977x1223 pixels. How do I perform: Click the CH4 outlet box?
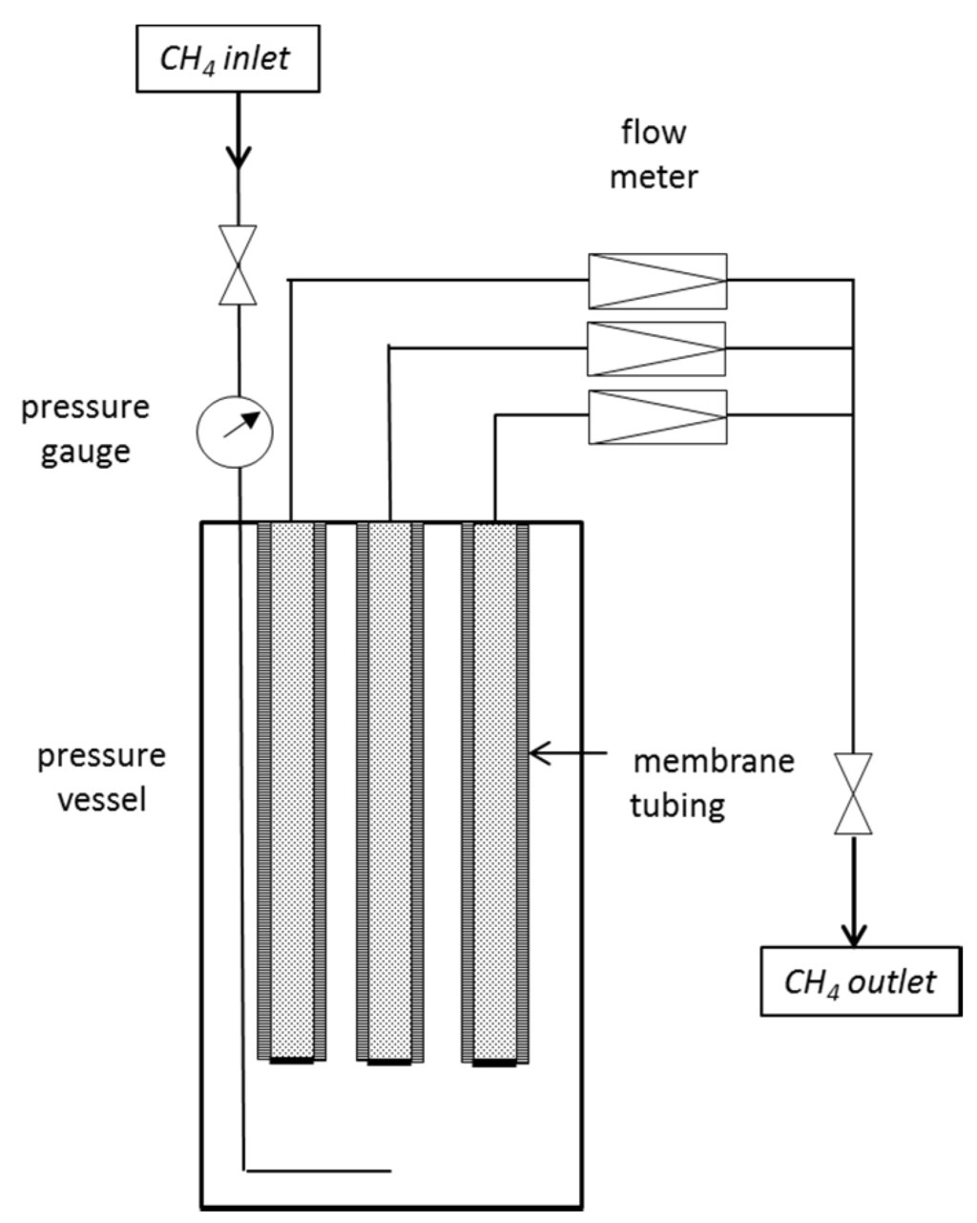(x=859, y=981)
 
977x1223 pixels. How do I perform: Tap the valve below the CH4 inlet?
(x=238, y=264)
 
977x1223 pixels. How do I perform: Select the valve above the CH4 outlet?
(x=854, y=793)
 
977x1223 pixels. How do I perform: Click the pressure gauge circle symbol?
(x=235, y=431)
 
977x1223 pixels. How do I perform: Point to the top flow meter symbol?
(x=657, y=281)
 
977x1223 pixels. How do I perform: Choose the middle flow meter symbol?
(x=656, y=349)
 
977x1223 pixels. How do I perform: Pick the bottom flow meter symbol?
(x=657, y=417)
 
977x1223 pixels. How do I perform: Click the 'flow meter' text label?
(x=654, y=154)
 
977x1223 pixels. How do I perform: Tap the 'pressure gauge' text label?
(x=86, y=428)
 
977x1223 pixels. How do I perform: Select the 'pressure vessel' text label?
(x=101, y=776)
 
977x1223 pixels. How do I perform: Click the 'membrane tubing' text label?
(x=714, y=783)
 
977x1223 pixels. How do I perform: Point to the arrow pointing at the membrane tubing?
(x=568, y=754)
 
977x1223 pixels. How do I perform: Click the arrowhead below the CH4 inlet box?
(x=238, y=157)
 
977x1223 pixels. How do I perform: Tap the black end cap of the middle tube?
(x=389, y=1061)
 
